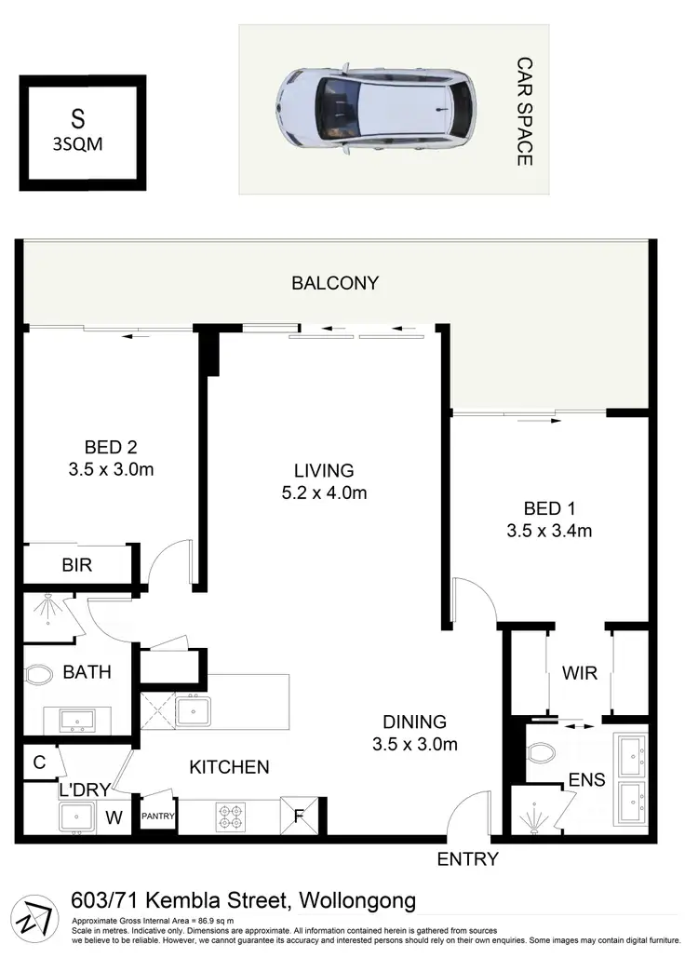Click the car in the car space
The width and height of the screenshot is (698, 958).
coord(376,108)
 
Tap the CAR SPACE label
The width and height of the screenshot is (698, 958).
coord(524,111)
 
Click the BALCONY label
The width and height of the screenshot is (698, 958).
coord(335,283)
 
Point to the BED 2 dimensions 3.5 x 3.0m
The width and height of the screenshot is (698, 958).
coord(111,470)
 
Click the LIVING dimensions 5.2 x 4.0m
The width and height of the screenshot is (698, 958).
coord(323,493)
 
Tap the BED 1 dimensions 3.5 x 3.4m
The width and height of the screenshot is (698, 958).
coord(549,532)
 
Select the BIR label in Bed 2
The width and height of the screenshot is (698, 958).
coord(76,565)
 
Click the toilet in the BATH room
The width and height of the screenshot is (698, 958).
coord(37,674)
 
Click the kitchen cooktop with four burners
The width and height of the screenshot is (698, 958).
coord(230,816)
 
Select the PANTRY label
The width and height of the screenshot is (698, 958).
coord(157,816)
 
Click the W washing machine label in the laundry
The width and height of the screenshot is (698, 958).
coord(114,818)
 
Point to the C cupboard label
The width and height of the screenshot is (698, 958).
coord(38,762)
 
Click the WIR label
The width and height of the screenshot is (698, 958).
coord(577,671)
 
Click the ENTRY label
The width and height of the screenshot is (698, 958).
coord(468,859)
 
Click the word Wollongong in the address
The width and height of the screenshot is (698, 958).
coord(356,901)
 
